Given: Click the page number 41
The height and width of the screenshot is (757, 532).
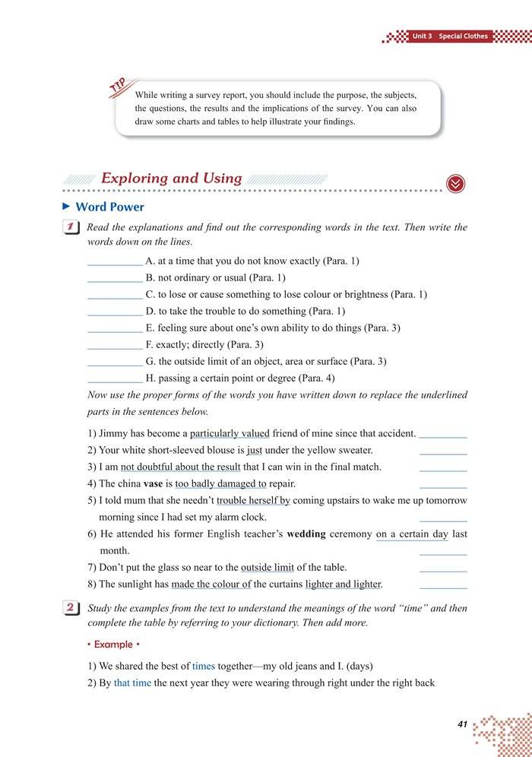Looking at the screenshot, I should (462, 724).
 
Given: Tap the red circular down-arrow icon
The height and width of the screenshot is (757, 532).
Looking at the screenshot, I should (456, 183).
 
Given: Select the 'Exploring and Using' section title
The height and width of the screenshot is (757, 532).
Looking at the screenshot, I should (171, 179).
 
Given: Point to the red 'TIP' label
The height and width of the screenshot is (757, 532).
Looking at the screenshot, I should (119, 88).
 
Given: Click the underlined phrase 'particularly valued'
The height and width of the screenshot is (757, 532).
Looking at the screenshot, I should (230, 433).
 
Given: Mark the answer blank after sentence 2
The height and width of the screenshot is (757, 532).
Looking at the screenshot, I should (443, 452).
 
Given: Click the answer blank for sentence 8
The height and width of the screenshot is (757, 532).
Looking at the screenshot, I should (443, 586).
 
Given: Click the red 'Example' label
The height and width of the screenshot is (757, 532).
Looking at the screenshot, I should (113, 645).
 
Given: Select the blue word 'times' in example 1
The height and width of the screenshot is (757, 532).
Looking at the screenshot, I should (204, 666).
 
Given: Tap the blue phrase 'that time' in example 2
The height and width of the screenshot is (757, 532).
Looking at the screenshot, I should (132, 683).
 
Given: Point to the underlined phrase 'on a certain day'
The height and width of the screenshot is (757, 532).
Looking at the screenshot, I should (412, 534).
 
